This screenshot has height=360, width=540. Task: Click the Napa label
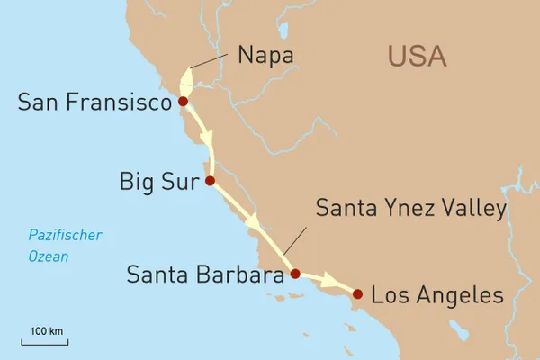(266, 56)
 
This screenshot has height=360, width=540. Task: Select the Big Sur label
(157, 182)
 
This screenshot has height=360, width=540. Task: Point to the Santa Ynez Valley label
(411, 209)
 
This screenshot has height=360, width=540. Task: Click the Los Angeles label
(437, 294)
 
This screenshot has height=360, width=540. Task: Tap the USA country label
(417, 56)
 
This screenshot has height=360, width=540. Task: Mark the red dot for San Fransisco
(184, 102)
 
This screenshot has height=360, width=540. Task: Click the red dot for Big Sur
(210, 181)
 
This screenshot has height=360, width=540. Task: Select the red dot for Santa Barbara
(295, 274)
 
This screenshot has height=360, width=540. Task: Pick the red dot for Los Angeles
(357, 293)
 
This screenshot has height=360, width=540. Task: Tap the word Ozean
(48, 256)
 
